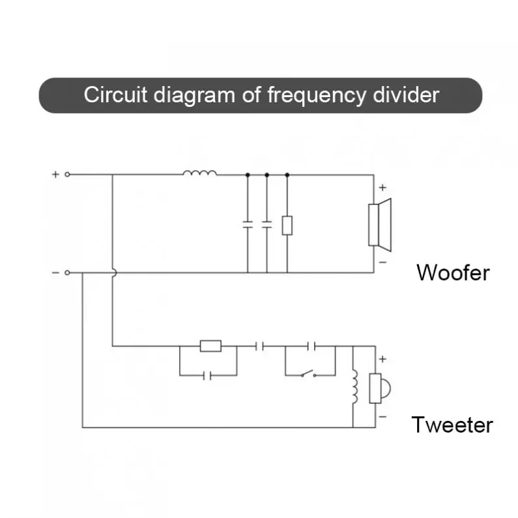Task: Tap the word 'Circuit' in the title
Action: click(x=116, y=95)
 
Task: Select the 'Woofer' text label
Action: click(x=452, y=272)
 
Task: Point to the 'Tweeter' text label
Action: click(x=452, y=425)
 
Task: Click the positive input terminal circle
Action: click(x=67, y=175)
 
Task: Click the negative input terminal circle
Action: click(x=67, y=273)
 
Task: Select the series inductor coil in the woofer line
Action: click(x=199, y=173)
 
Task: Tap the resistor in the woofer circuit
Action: click(x=287, y=225)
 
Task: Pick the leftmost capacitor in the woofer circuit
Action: click(x=248, y=224)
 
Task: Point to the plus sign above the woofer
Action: click(x=382, y=188)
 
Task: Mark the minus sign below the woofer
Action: click(x=382, y=262)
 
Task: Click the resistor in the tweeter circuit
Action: click(x=210, y=346)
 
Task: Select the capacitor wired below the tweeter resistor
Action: click(x=207, y=375)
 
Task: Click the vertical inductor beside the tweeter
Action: click(x=355, y=387)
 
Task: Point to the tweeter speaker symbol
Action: click(x=377, y=388)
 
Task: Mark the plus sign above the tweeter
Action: click(x=382, y=359)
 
